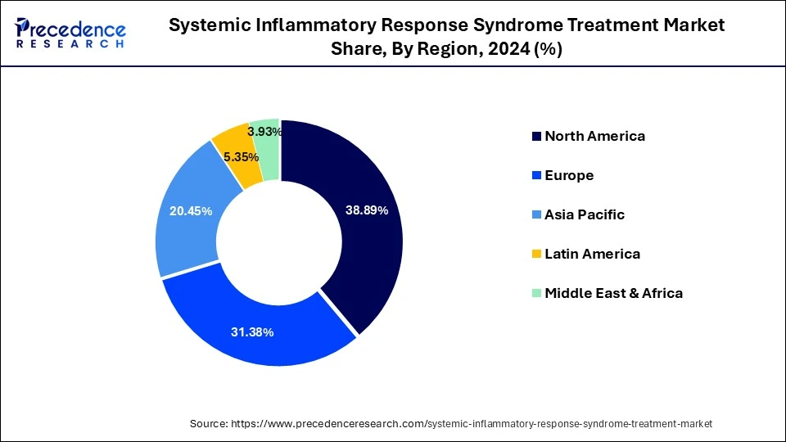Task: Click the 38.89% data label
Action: tap(366, 210)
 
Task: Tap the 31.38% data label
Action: tap(251, 331)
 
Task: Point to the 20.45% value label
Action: tap(190, 211)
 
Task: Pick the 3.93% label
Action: tap(265, 131)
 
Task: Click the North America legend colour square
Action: tap(536, 137)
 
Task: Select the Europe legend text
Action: tap(569, 175)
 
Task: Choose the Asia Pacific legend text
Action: tap(585, 214)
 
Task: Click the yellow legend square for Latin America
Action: tap(536, 255)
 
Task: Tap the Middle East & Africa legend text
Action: tap(613, 293)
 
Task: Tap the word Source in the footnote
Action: tap(210, 423)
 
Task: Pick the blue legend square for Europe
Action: tap(536, 176)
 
